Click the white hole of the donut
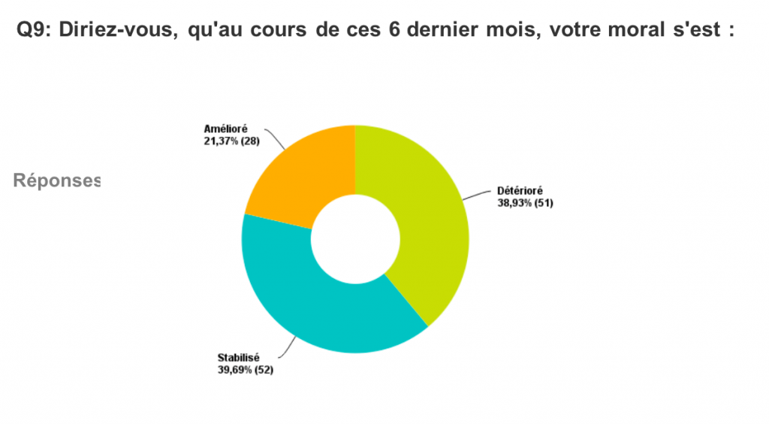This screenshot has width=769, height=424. coord(355,239)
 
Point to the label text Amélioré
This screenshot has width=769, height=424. coord(225,129)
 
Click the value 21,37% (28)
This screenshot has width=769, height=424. coord(231,141)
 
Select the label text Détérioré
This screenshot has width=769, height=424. coord(520,191)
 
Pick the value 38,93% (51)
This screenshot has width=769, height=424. coord(525,203)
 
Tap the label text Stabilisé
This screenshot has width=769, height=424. coord(238,358)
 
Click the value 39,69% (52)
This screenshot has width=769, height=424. coord(246,370)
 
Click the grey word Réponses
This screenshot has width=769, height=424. coord(57,180)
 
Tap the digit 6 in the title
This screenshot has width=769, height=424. coord(395,29)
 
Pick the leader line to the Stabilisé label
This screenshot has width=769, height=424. coord(288,348)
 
